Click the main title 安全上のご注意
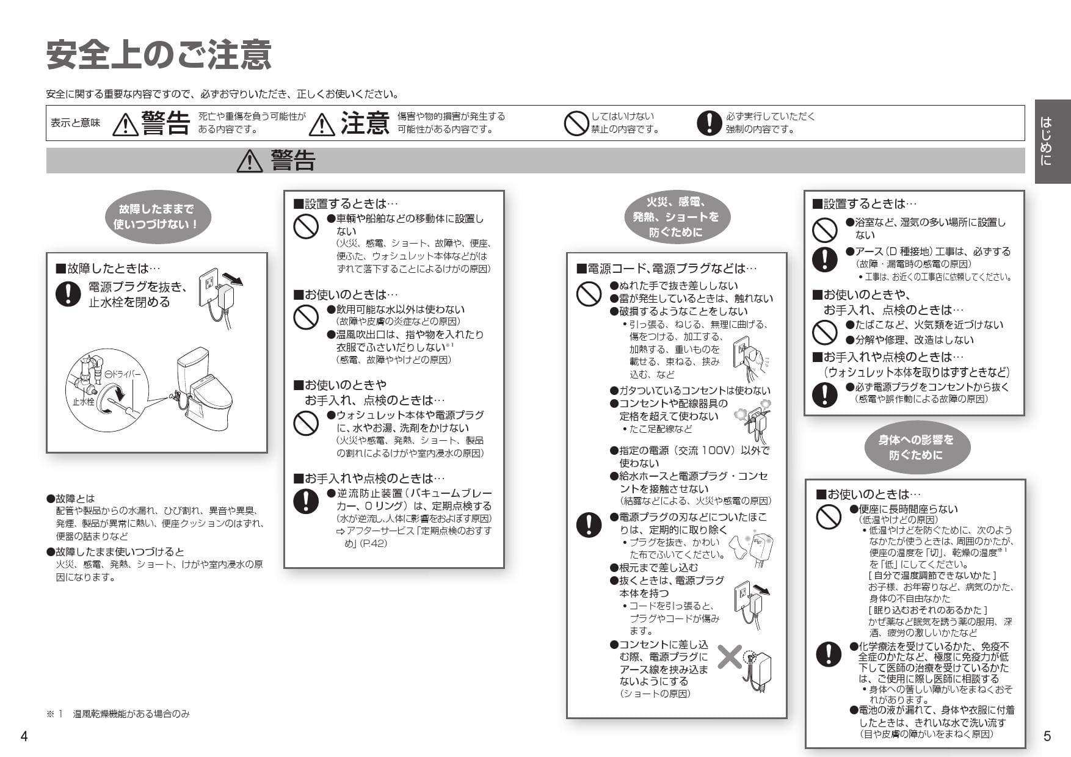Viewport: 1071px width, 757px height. pyautogui.click(x=159, y=55)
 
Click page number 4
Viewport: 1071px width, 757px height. pyautogui.click(x=24, y=736)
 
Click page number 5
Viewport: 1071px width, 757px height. pyautogui.click(x=1047, y=736)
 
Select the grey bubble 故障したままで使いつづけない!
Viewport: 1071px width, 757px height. pyautogui.click(x=156, y=217)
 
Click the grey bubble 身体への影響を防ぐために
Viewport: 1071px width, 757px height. pyautogui.click(x=915, y=447)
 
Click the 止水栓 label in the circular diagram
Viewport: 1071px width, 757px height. pyautogui.click(x=83, y=402)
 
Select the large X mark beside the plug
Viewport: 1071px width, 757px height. pyautogui.click(x=729, y=656)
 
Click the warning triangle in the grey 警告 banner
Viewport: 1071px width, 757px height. pyautogui.click(x=249, y=161)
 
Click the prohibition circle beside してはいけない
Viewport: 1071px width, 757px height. pyautogui.click(x=575, y=123)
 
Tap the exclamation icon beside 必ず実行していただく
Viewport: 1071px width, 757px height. pyautogui.click(x=708, y=123)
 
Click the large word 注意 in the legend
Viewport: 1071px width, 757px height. pyautogui.click(x=365, y=123)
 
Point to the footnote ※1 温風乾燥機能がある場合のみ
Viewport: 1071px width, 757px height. pyautogui.click(x=118, y=714)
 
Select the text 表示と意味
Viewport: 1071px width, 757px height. pyautogui.click(x=75, y=123)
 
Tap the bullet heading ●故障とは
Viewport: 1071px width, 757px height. pyautogui.click(x=71, y=498)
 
